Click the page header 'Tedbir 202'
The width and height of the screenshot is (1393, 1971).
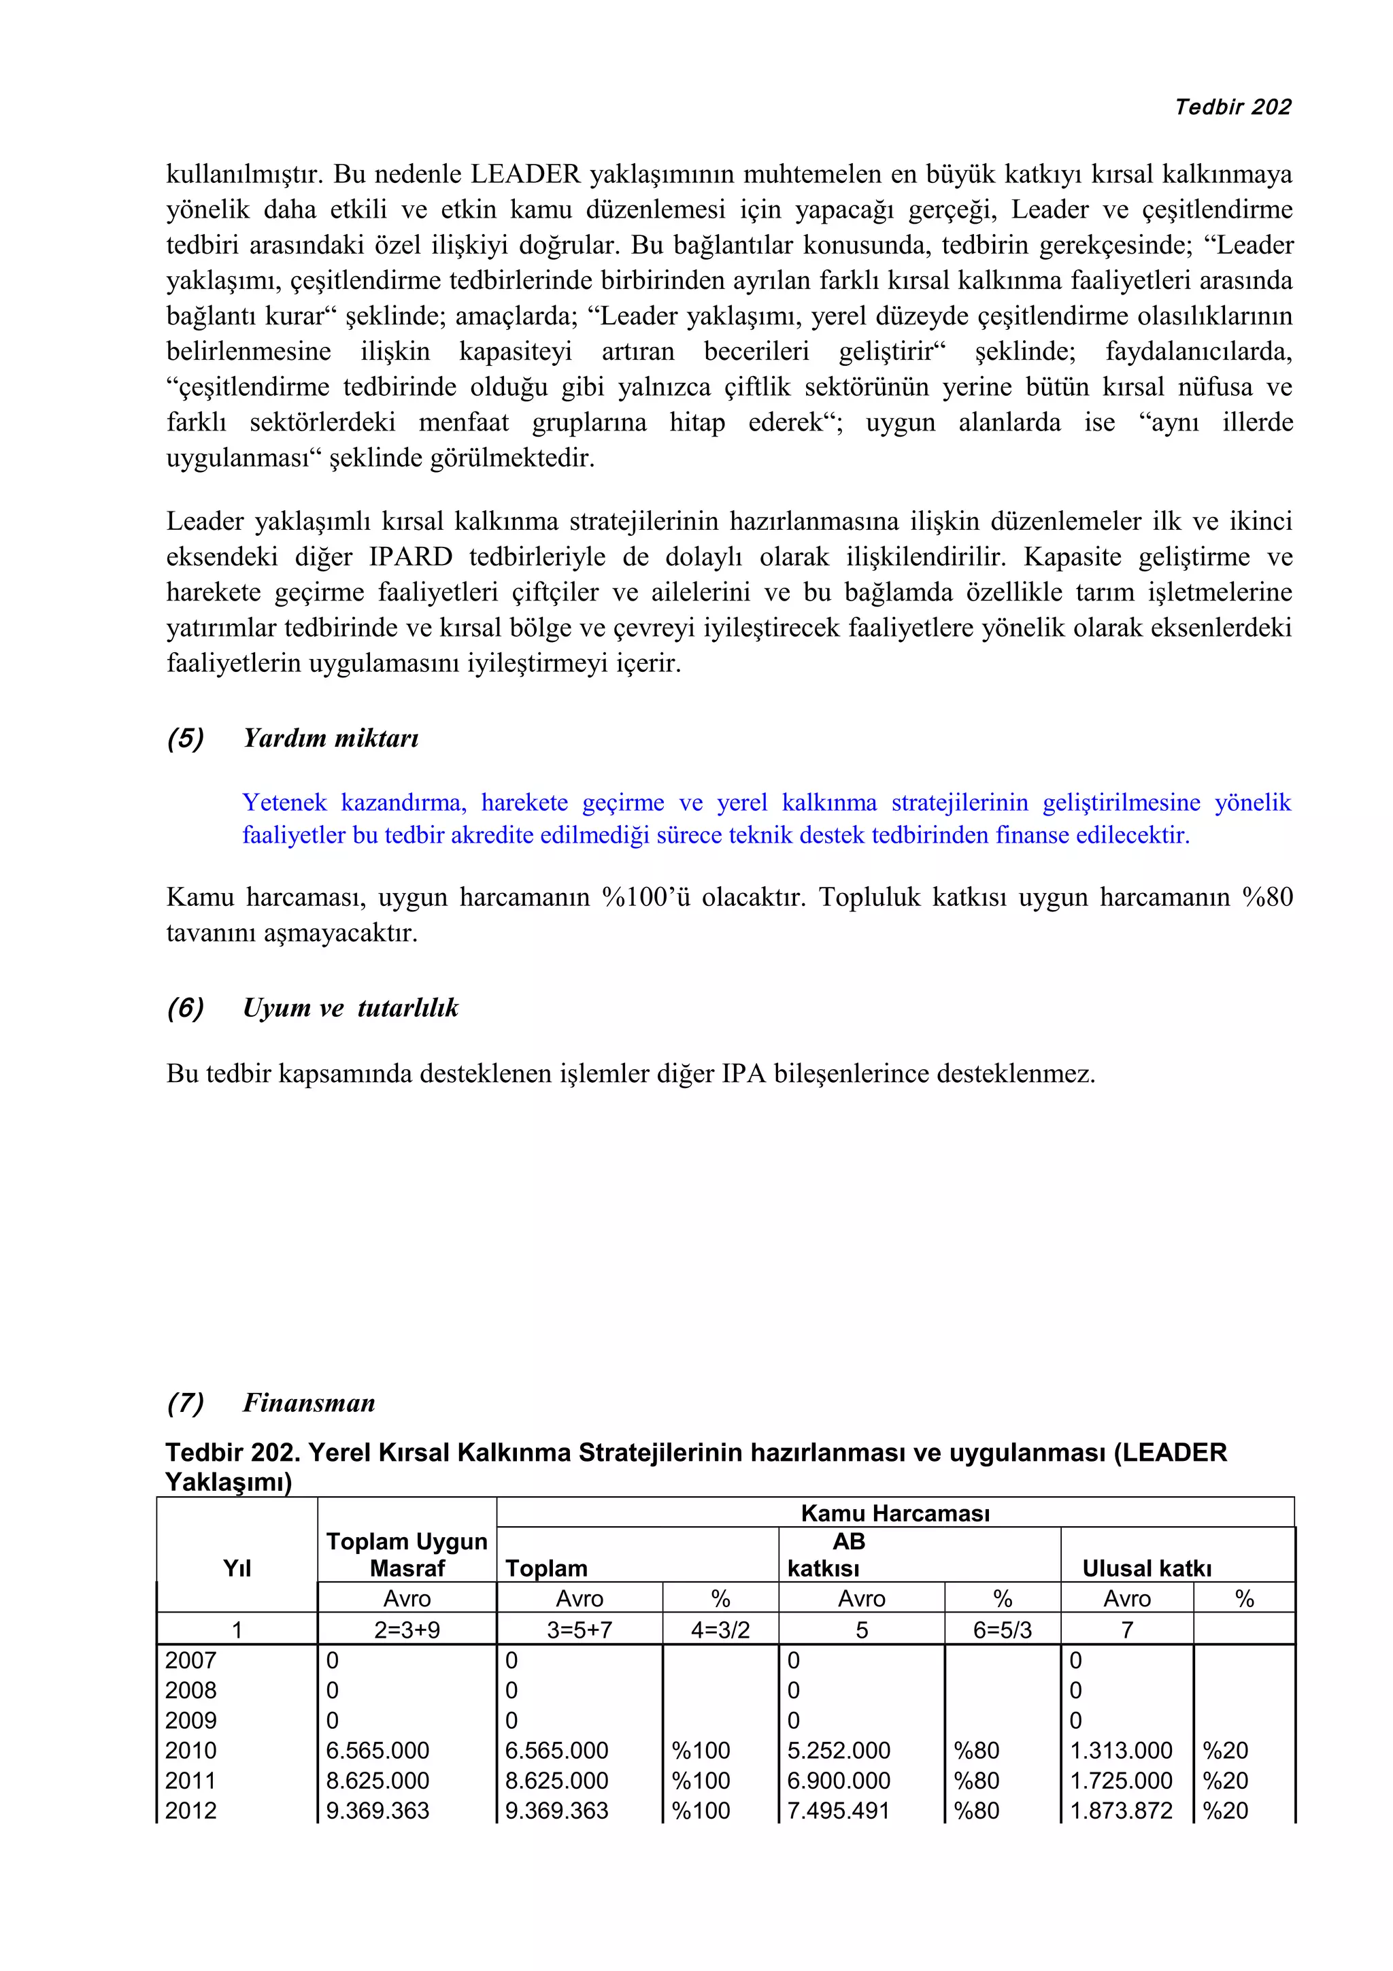pyautogui.click(x=1232, y=107)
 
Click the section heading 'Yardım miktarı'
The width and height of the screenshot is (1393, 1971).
pyautogui.click(x=331, y=738)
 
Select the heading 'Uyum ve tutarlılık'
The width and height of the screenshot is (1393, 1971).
pyautogui.click(x=350, y=1008)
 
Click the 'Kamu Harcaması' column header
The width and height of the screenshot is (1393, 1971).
pyautogui.click(x=894, y=1513)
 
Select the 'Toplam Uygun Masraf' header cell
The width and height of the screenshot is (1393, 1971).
pyautogui.click(x=407, y=1555)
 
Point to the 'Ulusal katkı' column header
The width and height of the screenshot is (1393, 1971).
pyautogui.click(x=1147, y=1568)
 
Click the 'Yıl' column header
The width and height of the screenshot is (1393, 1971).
pyautogui.click(x=237, y=1568)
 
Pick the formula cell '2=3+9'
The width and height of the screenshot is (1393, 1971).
pyautogui.click(x=407, y=1630)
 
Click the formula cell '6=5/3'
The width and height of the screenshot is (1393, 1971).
pyautogui.click(x=1002, y=1630)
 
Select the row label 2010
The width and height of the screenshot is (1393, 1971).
pyautogui.click(x=190, y=1751)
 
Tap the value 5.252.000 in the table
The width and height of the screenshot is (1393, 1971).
pyautogui.click(x=839, y=1751)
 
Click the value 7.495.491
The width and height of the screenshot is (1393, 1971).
pyautogui.click(x=839, y=1810)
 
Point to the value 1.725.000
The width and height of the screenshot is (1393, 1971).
pyautogui.click(x=1121, y=1781)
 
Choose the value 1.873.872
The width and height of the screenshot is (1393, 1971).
pyautogui.click(x=1121, y=1810)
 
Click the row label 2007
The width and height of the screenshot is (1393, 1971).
pyautogui.click(x=190, y=1660)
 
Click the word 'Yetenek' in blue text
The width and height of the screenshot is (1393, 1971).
pyautogui.click(x=284, y=803)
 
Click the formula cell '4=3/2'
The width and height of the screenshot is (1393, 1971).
pyautogui.click(x=720, y=1630)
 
